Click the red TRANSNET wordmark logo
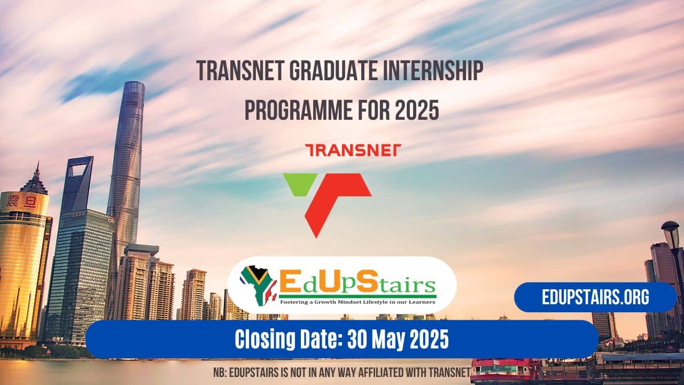point(352,150)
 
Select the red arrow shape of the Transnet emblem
point(337,198)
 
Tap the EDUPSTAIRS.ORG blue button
point(595,297)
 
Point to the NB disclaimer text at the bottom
point(342,371)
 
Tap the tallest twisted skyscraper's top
point(134,91)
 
